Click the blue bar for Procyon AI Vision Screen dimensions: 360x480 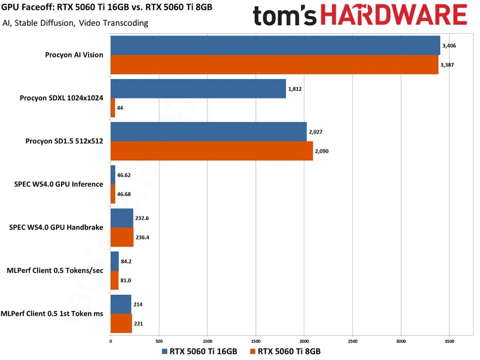coord(275,45)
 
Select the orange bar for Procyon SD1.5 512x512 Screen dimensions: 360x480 coord(211,151)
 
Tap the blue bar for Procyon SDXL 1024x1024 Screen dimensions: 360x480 coord(198,89)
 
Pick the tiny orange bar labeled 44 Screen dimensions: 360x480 coord(113,107)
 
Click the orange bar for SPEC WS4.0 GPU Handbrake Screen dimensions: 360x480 coord(122,237)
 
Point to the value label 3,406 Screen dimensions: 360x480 coord(449,45)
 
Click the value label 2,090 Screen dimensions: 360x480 coord(322,151)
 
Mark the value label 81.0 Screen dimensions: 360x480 coord(126,280)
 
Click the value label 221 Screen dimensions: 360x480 coord(139,324)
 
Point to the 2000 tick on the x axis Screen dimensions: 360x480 coord(304,341)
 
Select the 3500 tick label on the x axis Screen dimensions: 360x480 coord(449,341)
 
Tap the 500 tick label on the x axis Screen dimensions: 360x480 coord(159,341)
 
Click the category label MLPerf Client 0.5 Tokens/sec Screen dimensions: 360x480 coord(55,270)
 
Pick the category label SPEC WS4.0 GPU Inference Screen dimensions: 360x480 coord(59,184)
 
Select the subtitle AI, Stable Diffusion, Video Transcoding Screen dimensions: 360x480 coord(75,23)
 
